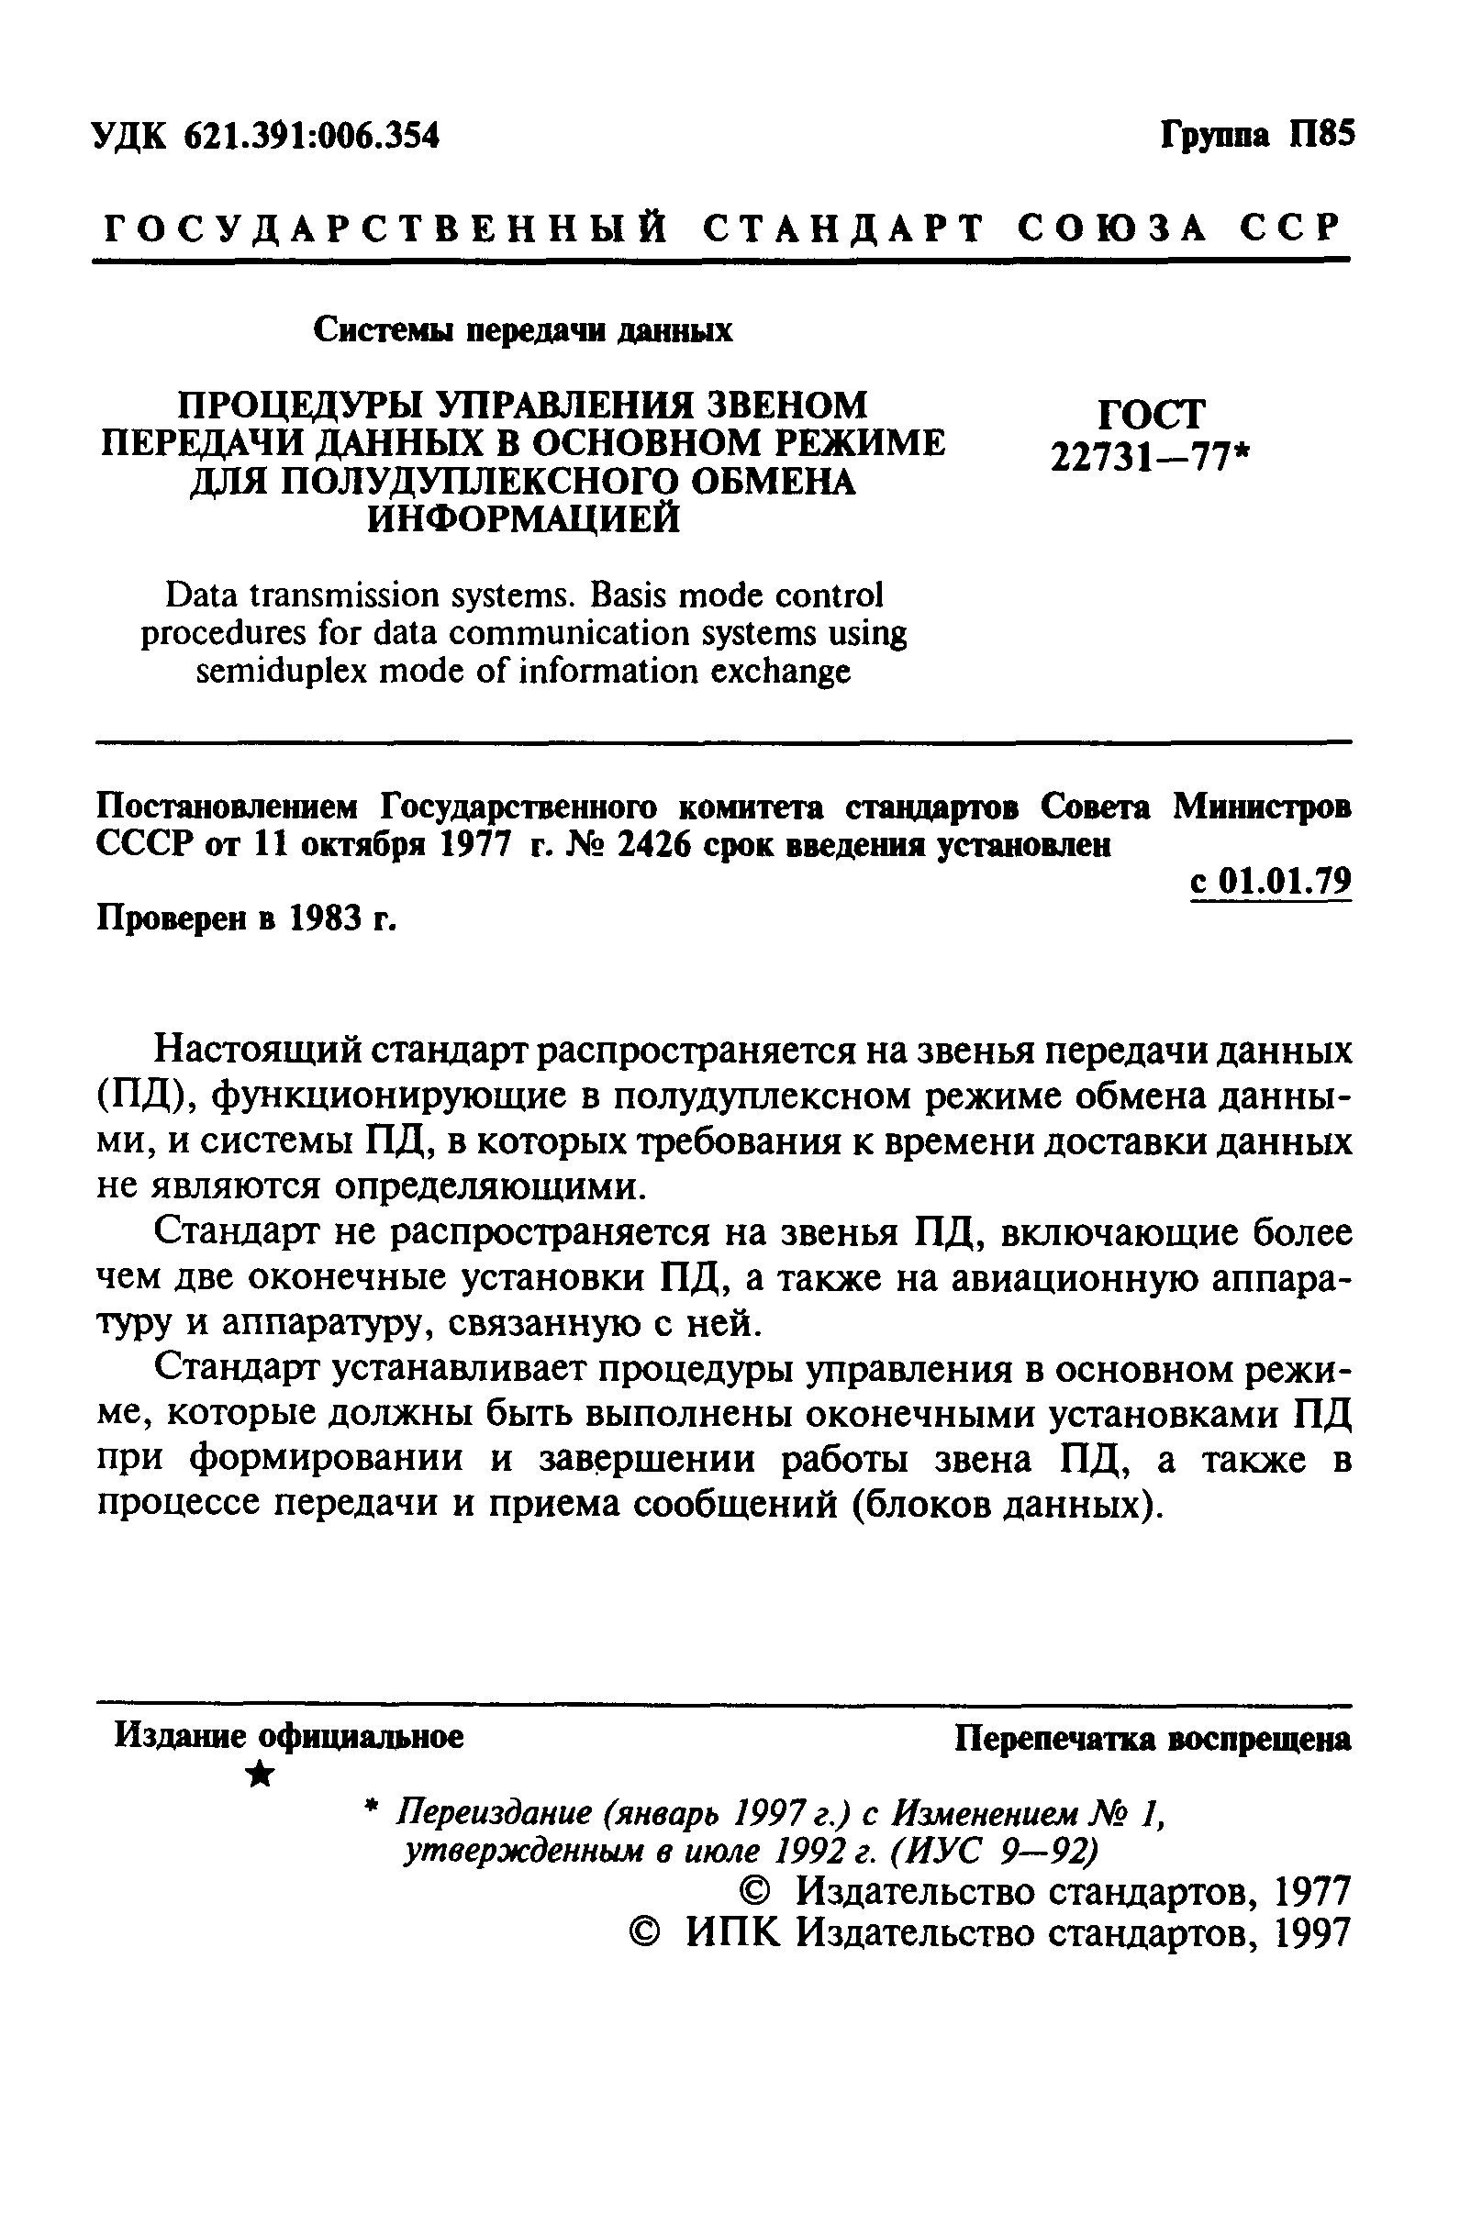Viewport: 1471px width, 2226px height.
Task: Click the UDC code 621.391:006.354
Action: click(x=310, y=137)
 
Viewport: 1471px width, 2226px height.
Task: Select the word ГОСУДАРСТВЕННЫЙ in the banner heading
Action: click(x=385, y=228)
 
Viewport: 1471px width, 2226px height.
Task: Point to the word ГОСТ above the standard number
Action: click(x=1150, y=414)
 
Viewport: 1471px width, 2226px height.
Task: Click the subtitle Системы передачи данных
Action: click(x=522, y=330)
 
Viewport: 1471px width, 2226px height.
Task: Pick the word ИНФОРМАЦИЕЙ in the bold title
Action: click(x=522, y=518)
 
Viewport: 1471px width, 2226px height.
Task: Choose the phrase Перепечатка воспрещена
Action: click(x=1153, y=1738)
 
